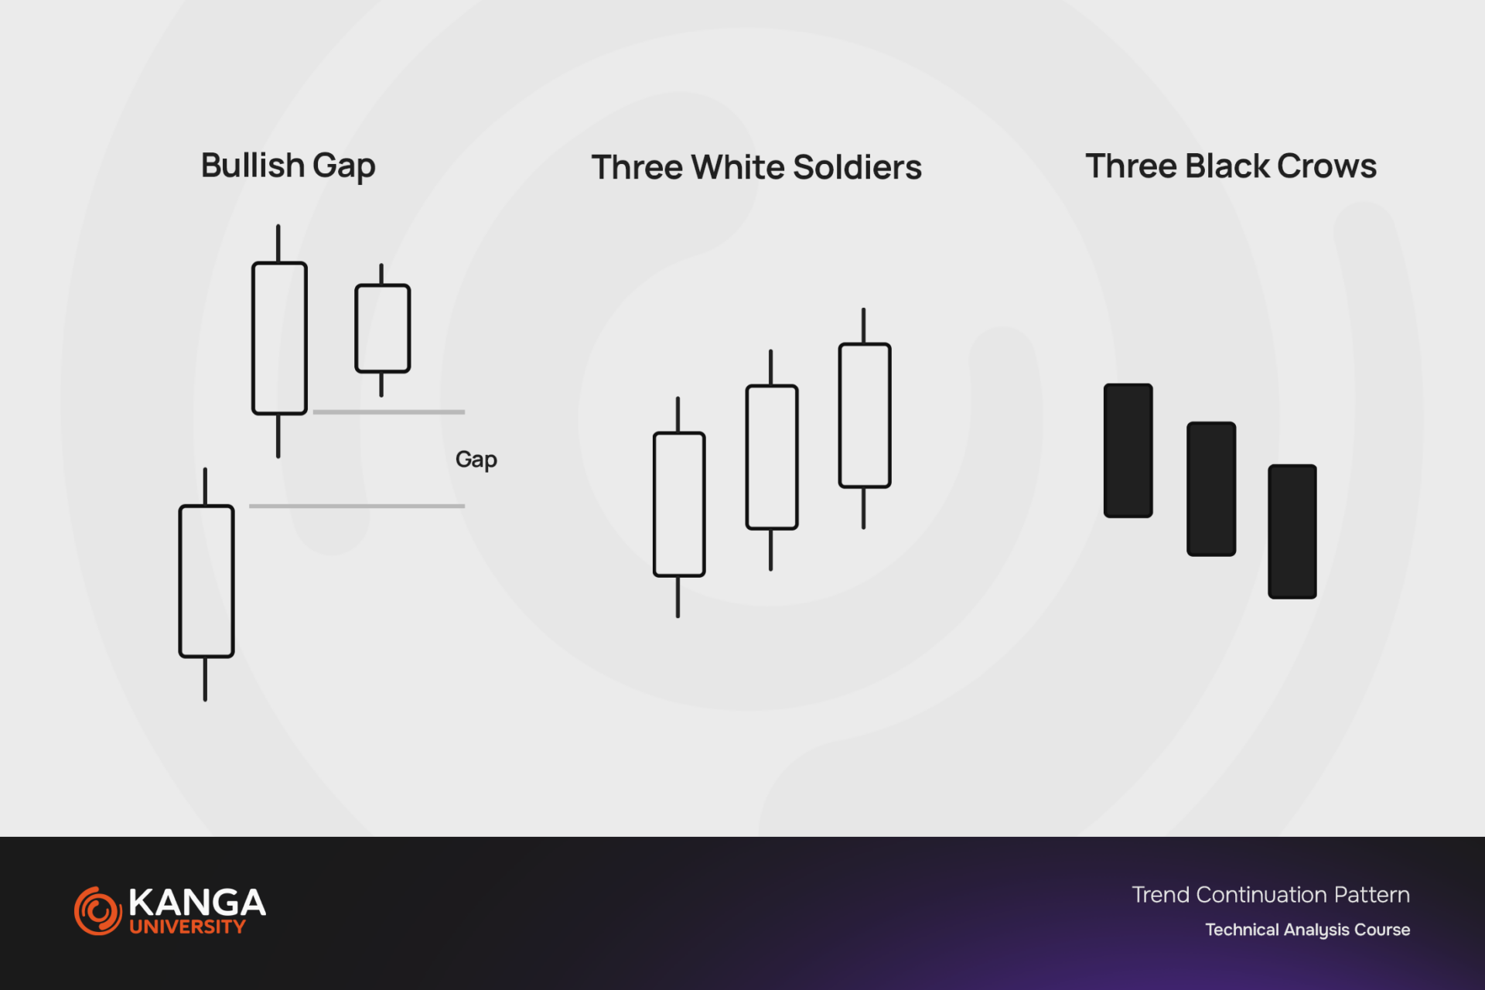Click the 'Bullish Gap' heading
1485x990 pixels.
pyautogui.click(x=288, y=166)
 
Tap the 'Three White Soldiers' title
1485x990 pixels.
pyautogui.click(x=756, y=167)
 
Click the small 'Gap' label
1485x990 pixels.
pyautogui.click(x=476, y=460)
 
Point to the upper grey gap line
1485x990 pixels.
pyautogui.click(x=389, y=412)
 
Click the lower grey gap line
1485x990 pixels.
pyautogui.click(x=357, y=506)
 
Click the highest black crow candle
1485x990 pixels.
pyautogui.click(x=1128, y=450)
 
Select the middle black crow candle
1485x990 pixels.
pyautogui.click(x=1211, y=489)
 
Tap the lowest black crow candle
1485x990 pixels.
pyautogui.click(x=1292, y=531)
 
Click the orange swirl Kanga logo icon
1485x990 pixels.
pyautogui.click(x=97, y=910)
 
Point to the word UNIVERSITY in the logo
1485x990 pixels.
pyautogui.click(x=187, y=927)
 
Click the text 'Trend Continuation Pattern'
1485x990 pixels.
pyautogui.click(x=1271, y=895)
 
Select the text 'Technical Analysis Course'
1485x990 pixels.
pyautogui.click(x=1307, y=930)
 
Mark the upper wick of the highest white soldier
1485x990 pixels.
pyautogui.click(x=863, y=326)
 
